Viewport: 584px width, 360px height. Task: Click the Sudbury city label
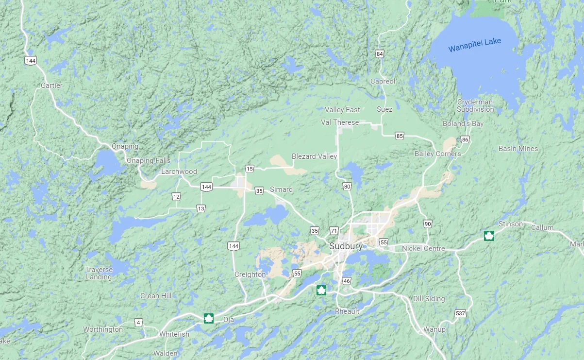pos(346,246)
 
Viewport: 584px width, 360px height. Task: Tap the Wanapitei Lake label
pos(474,45)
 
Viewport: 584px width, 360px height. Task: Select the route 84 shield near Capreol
pos(380,53)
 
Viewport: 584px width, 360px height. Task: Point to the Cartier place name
pos(51,86)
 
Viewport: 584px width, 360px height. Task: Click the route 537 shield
pos(460,313)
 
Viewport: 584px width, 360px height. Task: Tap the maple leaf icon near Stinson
pos(489,236)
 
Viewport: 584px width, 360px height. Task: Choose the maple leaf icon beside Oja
pos(209,319)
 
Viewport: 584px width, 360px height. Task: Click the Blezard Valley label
pos(314,156)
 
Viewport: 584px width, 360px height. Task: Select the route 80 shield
pos(347,186)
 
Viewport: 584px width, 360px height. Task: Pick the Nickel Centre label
pos(423,249)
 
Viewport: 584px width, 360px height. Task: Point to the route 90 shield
pos(427,224)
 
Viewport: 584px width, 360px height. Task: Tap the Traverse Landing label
pos(99,274)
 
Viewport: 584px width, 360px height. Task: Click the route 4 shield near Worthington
pos(138,323)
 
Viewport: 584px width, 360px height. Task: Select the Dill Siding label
pos(429,299)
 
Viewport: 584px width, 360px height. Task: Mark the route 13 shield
pos(201,208)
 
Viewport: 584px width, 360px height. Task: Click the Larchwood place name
pos(179,171)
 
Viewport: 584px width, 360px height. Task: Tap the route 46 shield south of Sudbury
pos(346,281)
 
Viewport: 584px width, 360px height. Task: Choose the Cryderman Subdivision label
pos(475,105)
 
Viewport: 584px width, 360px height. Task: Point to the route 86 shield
pos(465,140)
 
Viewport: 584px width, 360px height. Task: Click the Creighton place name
pos(250,274)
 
